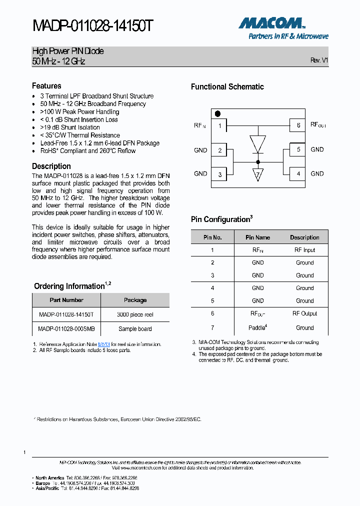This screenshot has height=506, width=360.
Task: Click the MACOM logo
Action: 271,23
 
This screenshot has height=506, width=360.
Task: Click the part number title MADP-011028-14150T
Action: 92,26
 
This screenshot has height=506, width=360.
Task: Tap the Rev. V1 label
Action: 319,60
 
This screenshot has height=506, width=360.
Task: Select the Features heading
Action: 46,86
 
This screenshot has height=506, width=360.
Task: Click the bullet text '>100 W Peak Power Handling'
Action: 79,111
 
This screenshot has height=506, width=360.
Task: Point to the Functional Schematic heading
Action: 227,86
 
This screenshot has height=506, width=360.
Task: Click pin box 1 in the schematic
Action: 219,125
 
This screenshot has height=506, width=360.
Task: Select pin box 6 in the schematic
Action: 298,125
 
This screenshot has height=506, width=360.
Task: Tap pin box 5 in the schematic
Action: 298,149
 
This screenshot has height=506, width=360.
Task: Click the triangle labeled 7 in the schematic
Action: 258,174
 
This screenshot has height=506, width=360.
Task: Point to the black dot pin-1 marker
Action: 217,114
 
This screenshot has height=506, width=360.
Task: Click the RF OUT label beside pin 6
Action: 318,125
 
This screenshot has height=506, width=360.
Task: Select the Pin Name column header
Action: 257,237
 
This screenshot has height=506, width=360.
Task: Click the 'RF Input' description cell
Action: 304,250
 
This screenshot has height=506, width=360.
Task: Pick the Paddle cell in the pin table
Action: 257,328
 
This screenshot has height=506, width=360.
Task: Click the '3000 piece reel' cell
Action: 135,314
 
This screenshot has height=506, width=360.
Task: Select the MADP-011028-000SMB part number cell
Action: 66,328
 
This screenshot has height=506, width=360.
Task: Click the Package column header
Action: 135,300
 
